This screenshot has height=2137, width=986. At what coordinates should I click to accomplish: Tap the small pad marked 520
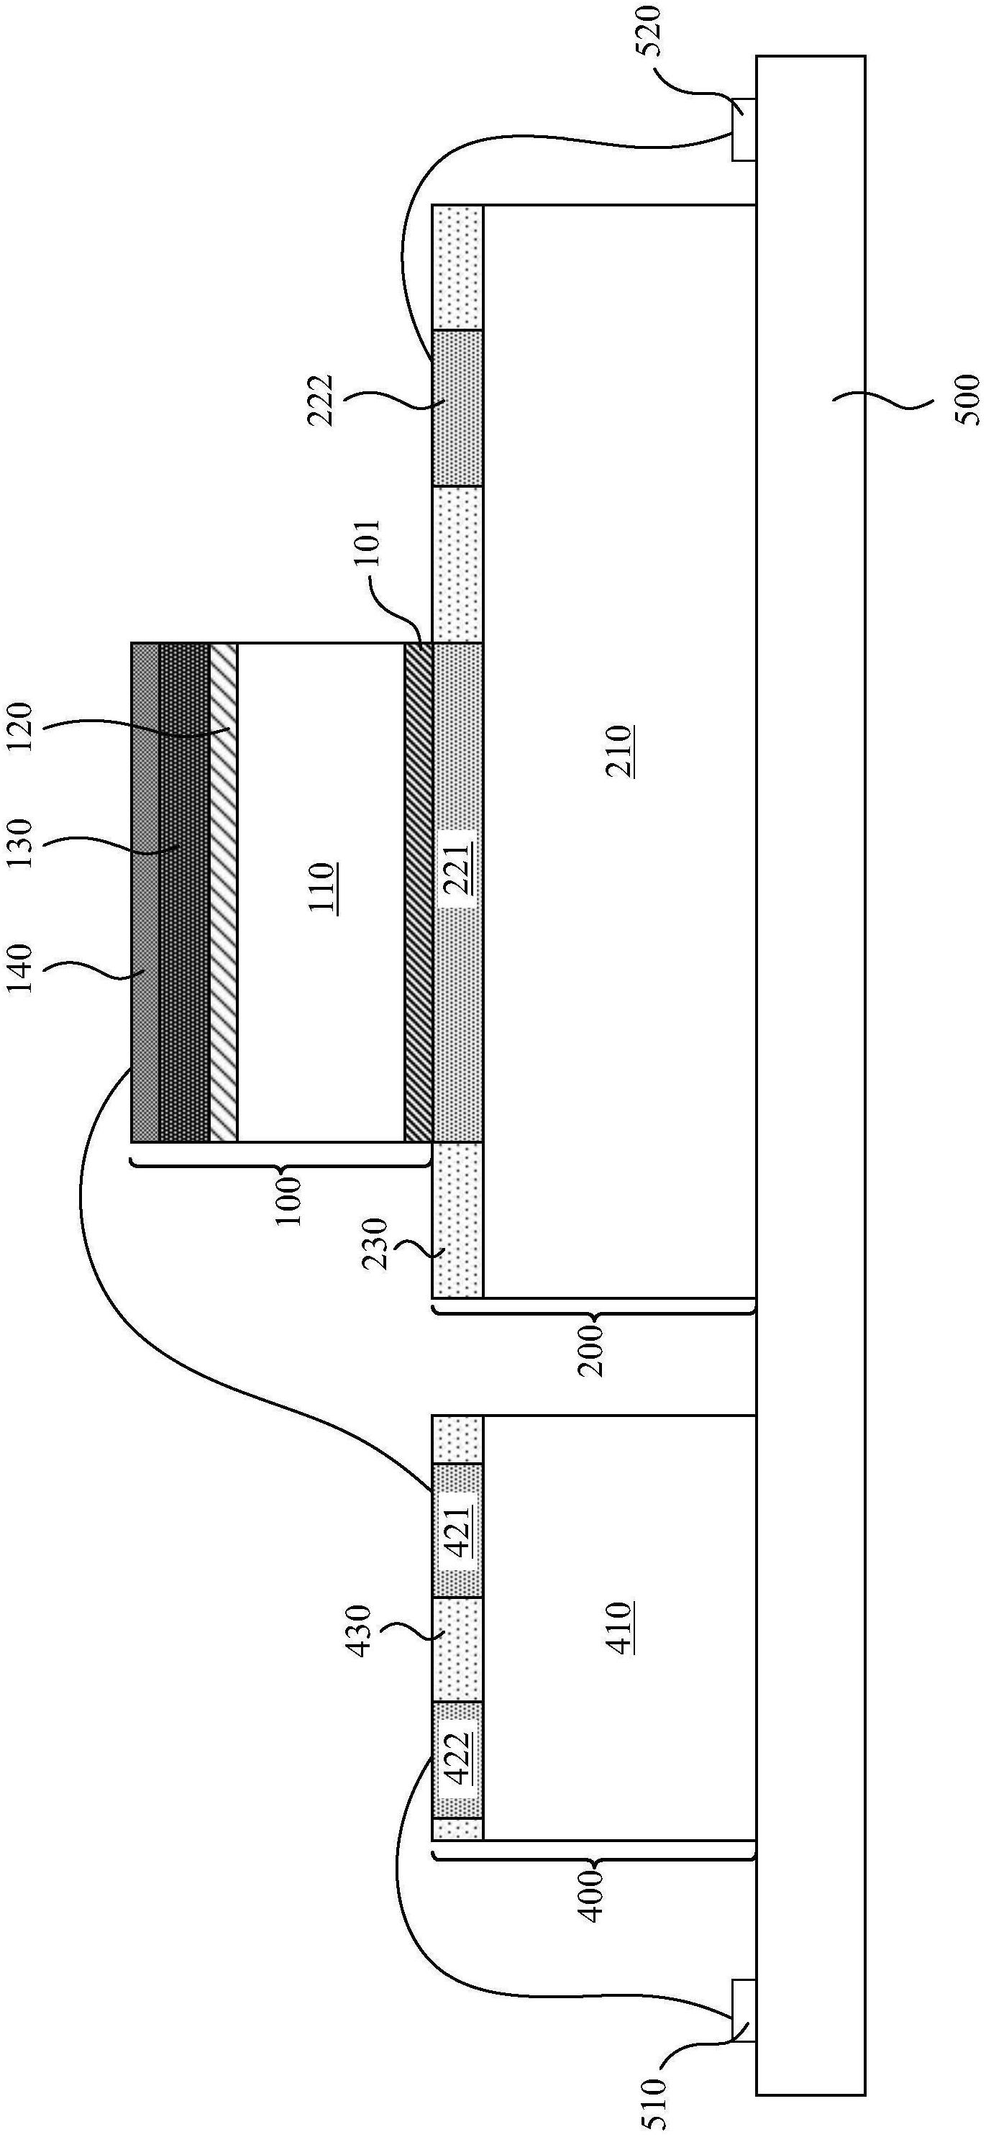[x=743, y=129]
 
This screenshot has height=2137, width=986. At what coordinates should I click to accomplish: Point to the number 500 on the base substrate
[x=965, y=401]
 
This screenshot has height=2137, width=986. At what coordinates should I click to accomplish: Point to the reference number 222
[x=319, y=401]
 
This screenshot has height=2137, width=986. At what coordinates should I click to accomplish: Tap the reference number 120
[x=18, y=726]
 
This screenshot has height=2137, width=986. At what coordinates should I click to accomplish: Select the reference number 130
[x=18, y=844]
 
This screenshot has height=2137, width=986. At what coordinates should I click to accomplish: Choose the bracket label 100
[x=289, y=1201]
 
